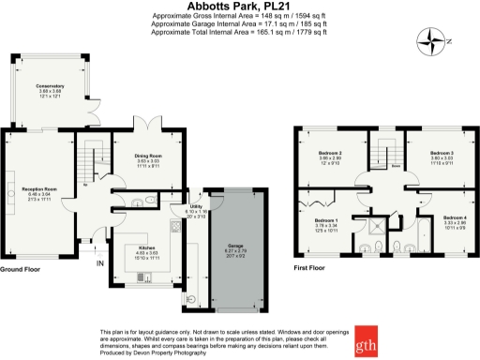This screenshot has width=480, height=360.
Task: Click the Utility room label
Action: coord(196,209)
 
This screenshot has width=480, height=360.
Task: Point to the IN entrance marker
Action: coord(100,263)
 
